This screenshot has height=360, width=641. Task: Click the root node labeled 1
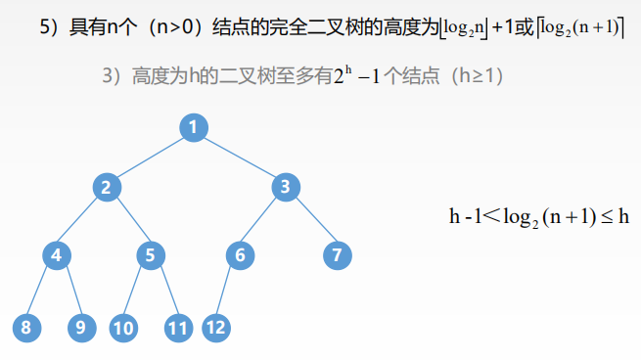[x=194, y=127]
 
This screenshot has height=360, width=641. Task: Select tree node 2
[x=108, y=186]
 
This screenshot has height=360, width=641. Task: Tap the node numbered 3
[x=284, y=186]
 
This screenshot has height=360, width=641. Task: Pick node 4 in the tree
[x=57, y=256]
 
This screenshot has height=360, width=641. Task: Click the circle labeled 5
[x=150, y=256]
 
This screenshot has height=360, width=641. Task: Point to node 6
[x=240, y=256]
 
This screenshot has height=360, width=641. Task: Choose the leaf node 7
[x=337, y=256]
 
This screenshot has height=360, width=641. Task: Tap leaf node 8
[x=26, y=328]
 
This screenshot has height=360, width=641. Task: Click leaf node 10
[x=123, y=328]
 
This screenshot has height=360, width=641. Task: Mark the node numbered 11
[x=177, y=328]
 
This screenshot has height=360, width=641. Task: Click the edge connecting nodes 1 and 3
[x=239, y=157]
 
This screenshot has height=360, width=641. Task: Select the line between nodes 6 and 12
[x=229, y=292]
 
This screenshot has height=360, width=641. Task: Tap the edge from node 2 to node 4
[x=82, y=221]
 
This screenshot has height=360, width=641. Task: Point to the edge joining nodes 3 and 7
[x=310, y=221]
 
